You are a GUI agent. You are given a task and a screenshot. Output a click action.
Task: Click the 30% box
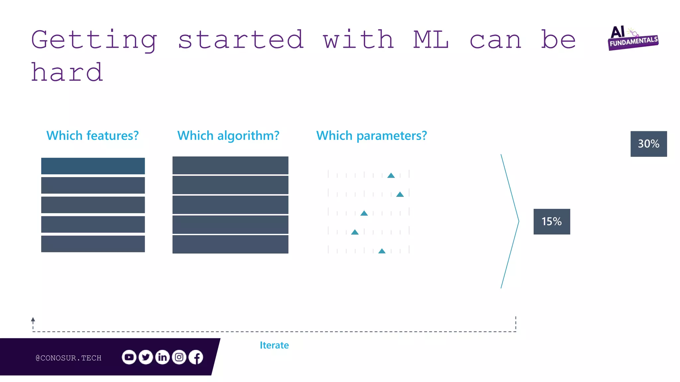coord(648,144)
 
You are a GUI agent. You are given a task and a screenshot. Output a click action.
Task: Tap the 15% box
coord(552,222)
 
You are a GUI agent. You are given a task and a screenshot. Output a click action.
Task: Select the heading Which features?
coord(92,136)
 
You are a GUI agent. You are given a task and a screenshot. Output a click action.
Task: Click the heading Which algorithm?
coord(228,136)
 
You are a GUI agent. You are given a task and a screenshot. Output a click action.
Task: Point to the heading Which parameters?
coord(371,136)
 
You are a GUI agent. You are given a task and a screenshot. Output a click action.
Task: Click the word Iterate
coord(274,345)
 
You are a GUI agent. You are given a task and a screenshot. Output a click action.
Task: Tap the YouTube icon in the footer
coord(129,357)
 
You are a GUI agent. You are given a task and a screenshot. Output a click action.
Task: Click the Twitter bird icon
coord(146,357)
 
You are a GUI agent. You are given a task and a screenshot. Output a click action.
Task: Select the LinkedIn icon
coord(162,357)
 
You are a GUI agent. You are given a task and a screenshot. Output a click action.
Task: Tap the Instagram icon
coord(179,357)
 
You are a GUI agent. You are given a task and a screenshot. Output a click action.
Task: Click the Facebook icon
coord(196,357)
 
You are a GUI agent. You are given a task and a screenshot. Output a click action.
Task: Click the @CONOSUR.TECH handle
coord(68,358)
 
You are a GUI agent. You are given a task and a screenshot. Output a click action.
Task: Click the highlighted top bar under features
coord(93,166)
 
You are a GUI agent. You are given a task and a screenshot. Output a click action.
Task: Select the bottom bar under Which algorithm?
coord(230,244)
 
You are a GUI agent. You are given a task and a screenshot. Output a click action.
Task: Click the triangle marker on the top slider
coord(391,175)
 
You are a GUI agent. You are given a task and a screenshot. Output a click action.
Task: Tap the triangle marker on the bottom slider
coord(382,251)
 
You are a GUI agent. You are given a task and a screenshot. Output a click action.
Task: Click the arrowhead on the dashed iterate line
coord(33,320)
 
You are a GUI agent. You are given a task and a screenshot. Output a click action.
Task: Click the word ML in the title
coord(431,40)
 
